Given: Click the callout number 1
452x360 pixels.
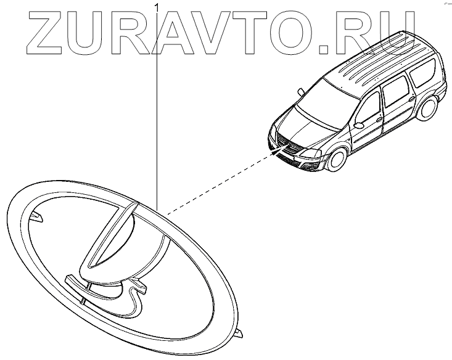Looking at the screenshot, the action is click(x=158, y=7).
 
